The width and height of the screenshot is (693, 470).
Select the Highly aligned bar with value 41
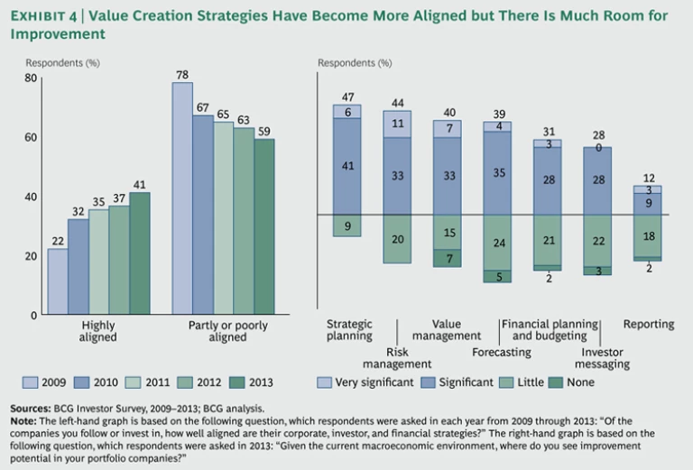point(139,253)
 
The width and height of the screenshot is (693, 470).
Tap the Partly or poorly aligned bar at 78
point(182,198)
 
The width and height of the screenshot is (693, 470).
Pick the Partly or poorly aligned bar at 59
point(263,226)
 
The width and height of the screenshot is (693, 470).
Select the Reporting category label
point(648,325)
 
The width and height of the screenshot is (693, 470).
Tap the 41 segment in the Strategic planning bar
point(346,166)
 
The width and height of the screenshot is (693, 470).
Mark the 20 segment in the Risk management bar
point(397,239)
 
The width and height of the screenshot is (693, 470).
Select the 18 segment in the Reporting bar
point(647,235)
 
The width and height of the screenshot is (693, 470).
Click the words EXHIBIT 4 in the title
point(45,15)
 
